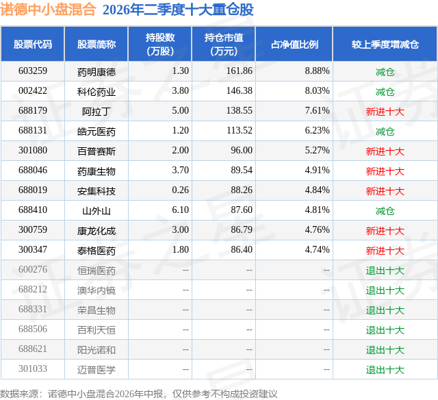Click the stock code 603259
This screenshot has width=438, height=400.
(33, 71)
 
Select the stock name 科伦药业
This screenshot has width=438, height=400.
(96, 92)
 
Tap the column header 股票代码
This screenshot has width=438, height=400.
(33, 45)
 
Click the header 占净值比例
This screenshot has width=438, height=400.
(294, 45)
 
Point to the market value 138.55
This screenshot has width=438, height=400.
(240, 111)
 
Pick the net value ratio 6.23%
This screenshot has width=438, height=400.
(318, 131)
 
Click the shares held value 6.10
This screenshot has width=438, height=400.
(181, 210)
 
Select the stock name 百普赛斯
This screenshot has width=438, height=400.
(96, 151)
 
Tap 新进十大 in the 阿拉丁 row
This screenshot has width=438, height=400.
(385, 112)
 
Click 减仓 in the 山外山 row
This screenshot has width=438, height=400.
(385, 211)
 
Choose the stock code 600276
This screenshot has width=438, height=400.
(33, 269)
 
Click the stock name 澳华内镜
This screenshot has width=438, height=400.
(96, 290)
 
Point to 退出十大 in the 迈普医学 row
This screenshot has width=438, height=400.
(385, 370)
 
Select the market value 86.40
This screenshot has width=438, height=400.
(242, 249)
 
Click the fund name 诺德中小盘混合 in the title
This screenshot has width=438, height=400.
(48, 9)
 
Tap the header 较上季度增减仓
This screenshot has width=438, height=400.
(385, 45)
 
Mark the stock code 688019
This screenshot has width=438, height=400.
(33, 190)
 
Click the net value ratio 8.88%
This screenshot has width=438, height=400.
(318, 71)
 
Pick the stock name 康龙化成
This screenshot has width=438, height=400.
(96, 231)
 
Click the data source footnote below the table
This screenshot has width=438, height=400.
(139, 394)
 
